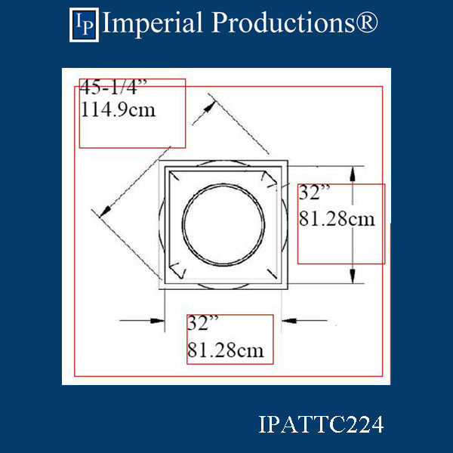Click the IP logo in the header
pos(84,24)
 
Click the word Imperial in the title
pos(153,24)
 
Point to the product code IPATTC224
pos(321,425)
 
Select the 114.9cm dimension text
pos(118,109)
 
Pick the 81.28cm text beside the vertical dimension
pos(337,219)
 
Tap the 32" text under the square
pos(203,324)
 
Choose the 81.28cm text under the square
pos(225,350)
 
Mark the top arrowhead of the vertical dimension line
pos(352,172)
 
